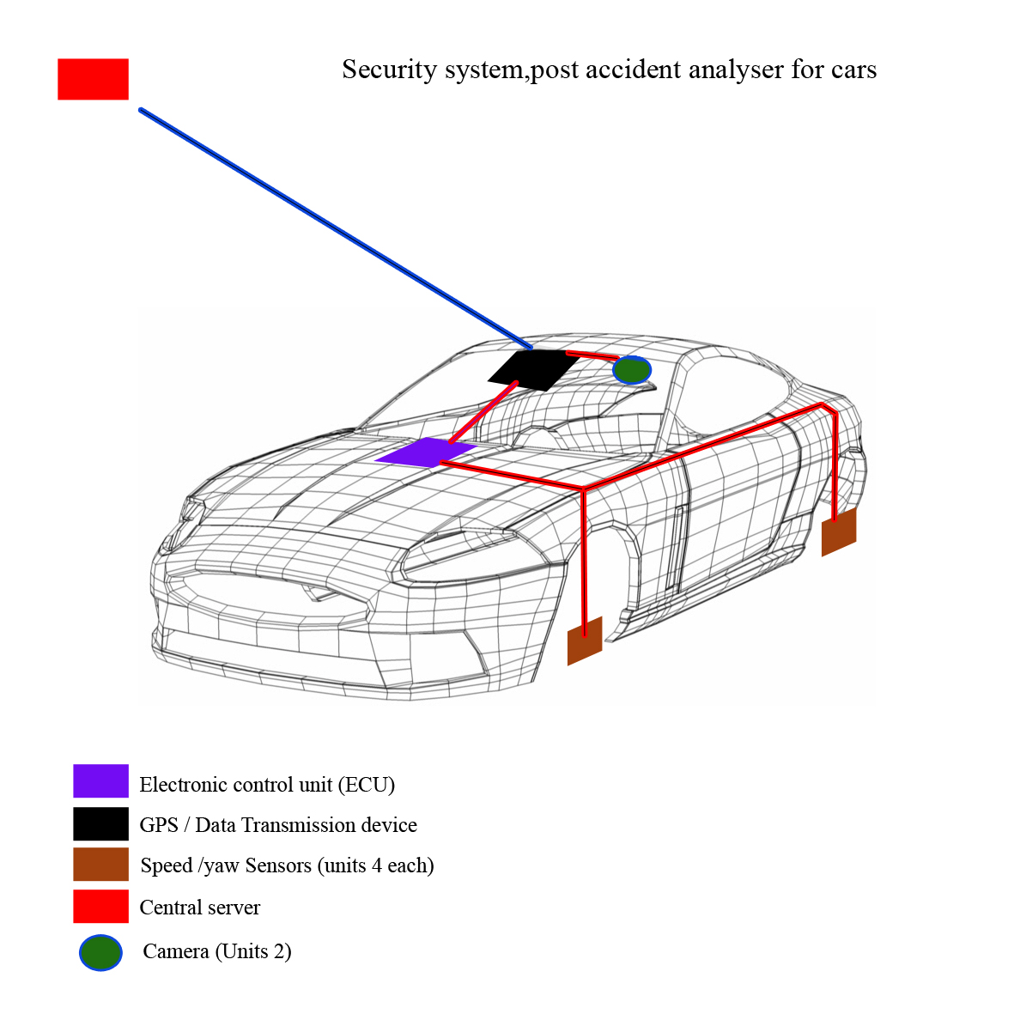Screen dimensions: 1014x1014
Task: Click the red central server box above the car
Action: click(x=93, y=79)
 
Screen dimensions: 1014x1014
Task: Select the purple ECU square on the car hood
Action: click(x=426, y=452)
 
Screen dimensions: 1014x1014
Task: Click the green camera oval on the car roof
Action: click(x=632, y=370)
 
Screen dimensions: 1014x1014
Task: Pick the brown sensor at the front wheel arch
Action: click(x=585, y=641)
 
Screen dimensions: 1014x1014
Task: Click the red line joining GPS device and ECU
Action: click(x=483, y=413)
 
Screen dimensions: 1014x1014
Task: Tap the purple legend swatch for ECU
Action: click(x=100, y=781)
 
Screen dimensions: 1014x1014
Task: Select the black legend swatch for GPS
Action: click(x=100, y=823)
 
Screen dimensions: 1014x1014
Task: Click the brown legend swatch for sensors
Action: click(x=100, y=865)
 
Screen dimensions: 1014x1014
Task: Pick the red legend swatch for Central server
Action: click(x=100, y=907)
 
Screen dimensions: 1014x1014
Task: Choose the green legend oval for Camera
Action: click(x=100, y=952)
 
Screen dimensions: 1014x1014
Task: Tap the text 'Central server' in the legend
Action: click(x=199, y=908)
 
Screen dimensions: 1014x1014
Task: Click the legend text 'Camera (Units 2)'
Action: click(x=217, y=951)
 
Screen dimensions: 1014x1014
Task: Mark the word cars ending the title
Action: click(x=853, y=70)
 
